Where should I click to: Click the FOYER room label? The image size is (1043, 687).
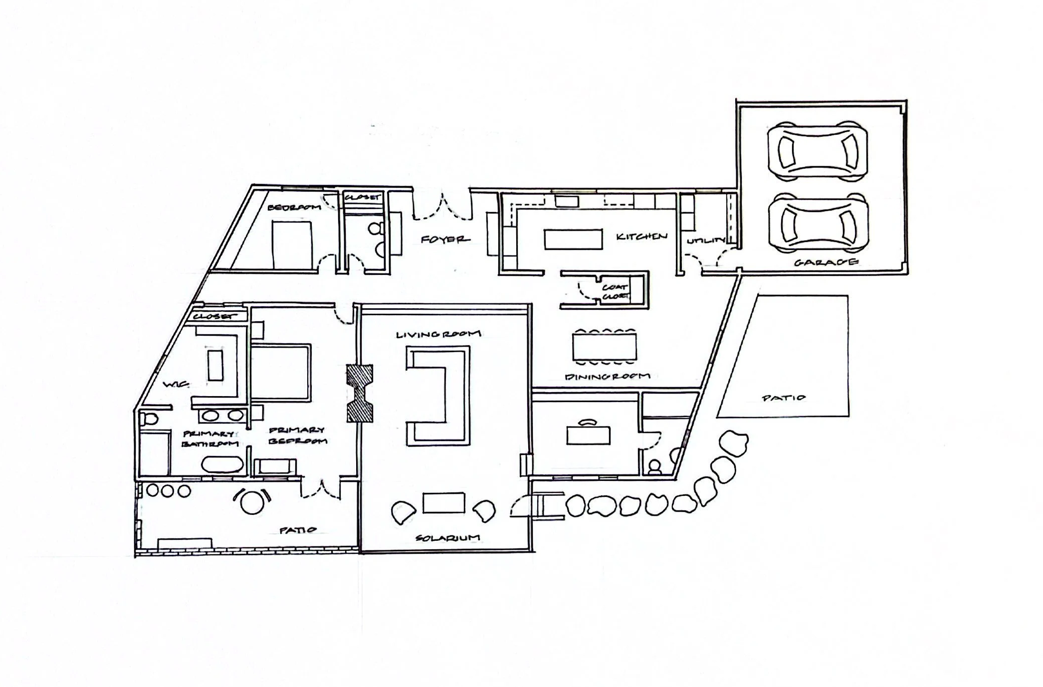(445, 239)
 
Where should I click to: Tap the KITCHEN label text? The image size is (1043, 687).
(641, 236)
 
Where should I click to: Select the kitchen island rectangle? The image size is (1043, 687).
(573, 239)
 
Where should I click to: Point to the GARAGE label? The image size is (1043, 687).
(826, 262)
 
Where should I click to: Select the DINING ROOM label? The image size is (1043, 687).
(608, 377)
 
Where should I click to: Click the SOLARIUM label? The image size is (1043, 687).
(447, 538)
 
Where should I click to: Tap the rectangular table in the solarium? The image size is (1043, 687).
(444, 503)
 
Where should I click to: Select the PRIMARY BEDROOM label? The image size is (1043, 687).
(297, 436)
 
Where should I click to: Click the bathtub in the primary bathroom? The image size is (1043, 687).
(222, 464)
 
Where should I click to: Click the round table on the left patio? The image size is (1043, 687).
(252, 502)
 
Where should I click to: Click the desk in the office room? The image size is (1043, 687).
(589, 435)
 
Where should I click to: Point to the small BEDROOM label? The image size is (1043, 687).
(294, 207)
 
